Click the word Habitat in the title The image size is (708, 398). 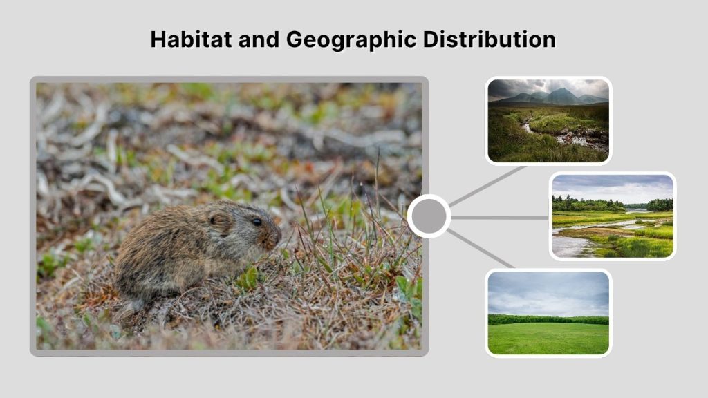[x=192, y=39]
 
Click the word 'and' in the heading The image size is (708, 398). [x=261, y=39]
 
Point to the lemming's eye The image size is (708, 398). [x=257, y=222]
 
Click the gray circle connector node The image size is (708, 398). [x=429, y=216]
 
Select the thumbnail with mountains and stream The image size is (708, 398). [x=548, y=120]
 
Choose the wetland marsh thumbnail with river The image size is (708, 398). [x=613, y=216]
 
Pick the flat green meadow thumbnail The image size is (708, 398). [x=548, y=313]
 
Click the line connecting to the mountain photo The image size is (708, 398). [x=487, y=184]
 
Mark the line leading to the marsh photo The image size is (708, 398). [x=499, y=217]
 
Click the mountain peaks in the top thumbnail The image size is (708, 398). [x=561, y=95]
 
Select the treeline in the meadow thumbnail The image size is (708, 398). [x=548, y=319]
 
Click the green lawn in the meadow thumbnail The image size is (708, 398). [x=548, y=339]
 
